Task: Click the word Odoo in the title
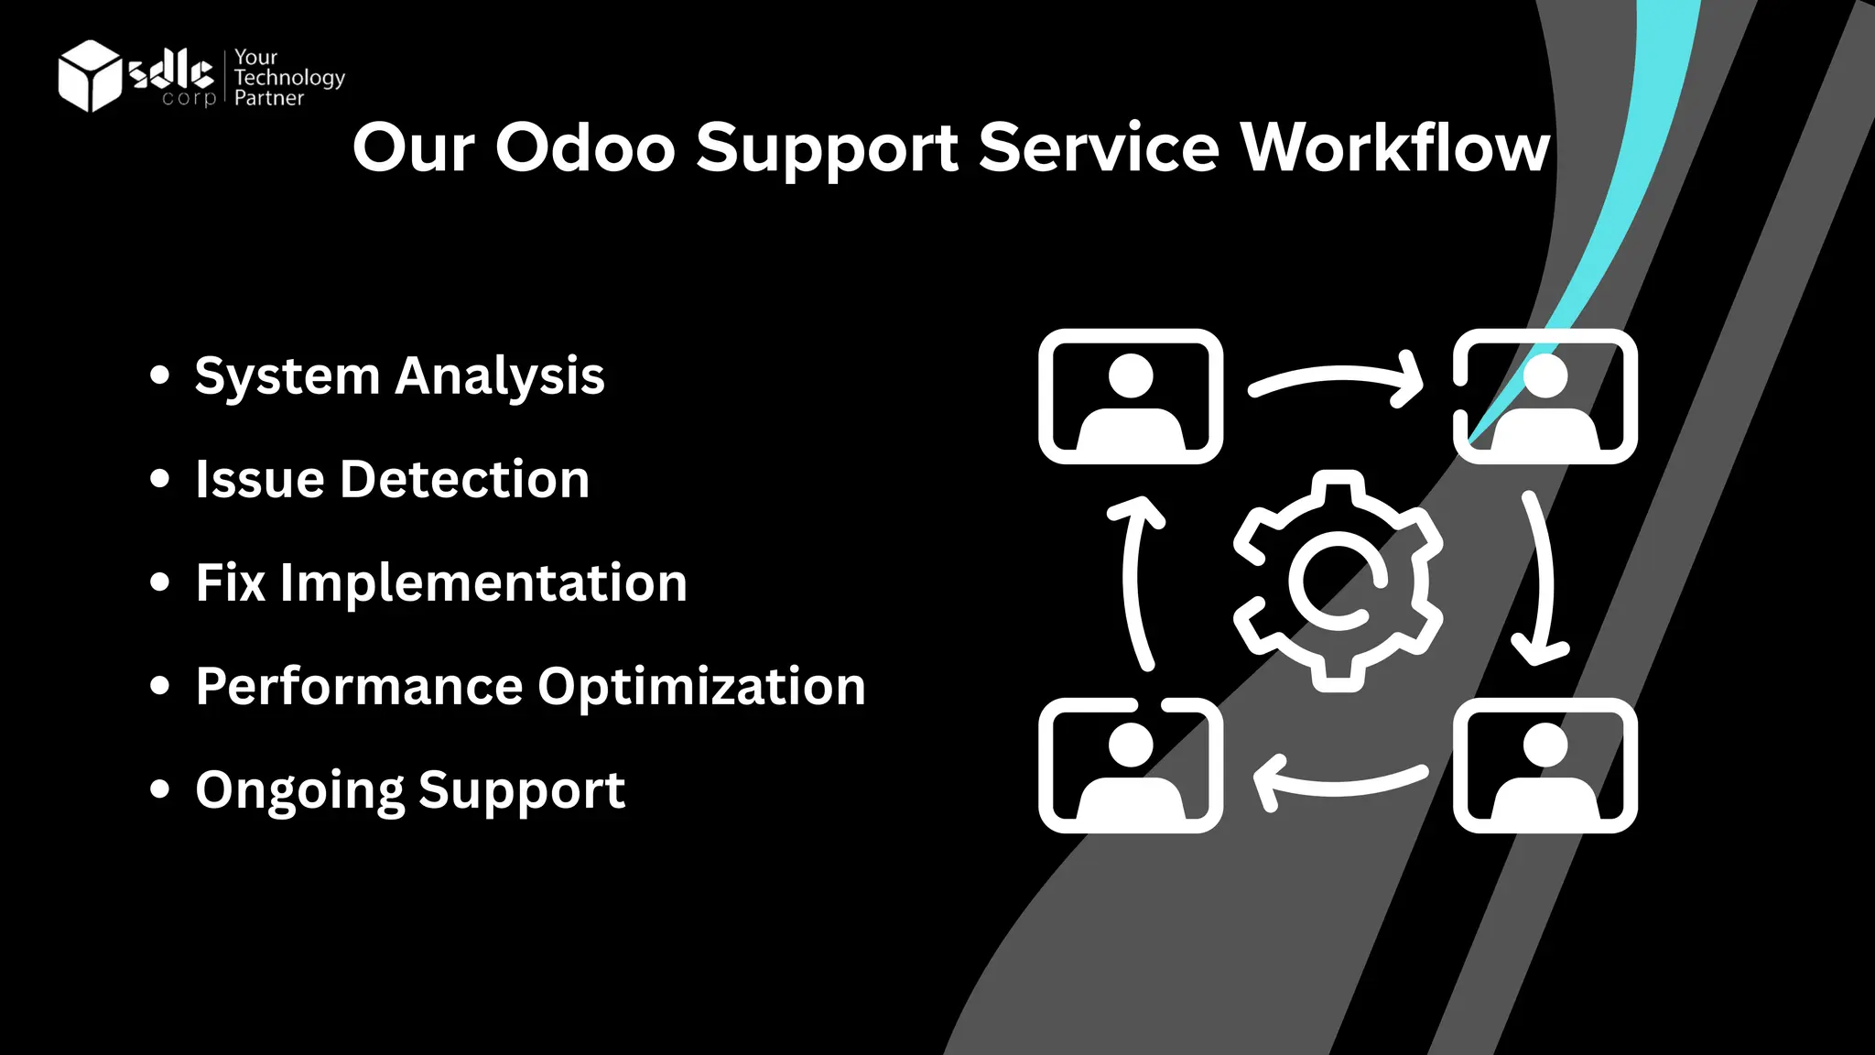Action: [585, 148]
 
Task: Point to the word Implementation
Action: [483, 583]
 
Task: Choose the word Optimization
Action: [701, 687]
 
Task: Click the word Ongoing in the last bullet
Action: [299, 791]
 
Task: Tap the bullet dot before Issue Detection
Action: [160, 479]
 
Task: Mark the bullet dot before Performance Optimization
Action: [160, 686]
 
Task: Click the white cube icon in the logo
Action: [89, 76]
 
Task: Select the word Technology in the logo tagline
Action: [289, 78]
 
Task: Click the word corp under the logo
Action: [189, 98]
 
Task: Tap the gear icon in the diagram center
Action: [1338, 581]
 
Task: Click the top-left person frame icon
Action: [1131, 397]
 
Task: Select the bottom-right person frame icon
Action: [1544, 766]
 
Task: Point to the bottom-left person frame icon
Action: [1131, 766]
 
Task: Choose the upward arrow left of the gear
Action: [1135, 581]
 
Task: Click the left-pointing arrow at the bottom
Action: [1337, 781]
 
